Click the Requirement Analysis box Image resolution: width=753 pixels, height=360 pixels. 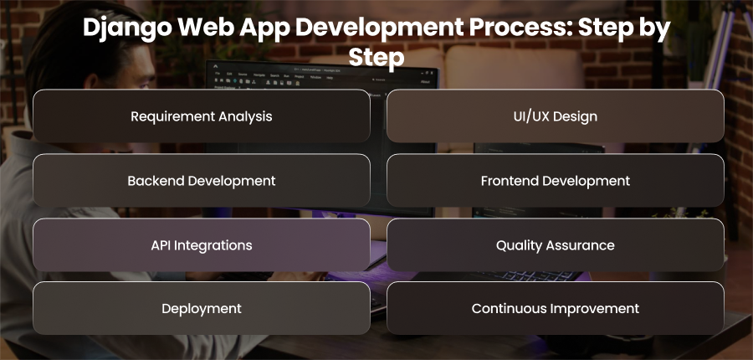(201, 116)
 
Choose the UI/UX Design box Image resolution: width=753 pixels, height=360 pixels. (556, 116)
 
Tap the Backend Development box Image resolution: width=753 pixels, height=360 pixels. (201, 181)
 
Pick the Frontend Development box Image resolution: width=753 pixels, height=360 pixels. (556, 181)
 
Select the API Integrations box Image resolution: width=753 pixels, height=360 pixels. (201, 245)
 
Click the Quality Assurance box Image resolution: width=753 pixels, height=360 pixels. (556, 245)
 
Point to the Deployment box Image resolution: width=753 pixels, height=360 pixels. (201, 308)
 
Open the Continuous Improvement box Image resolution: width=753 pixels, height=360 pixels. (556, 308)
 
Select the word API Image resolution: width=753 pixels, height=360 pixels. (161, 245)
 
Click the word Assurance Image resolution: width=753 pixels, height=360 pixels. (580, 245)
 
